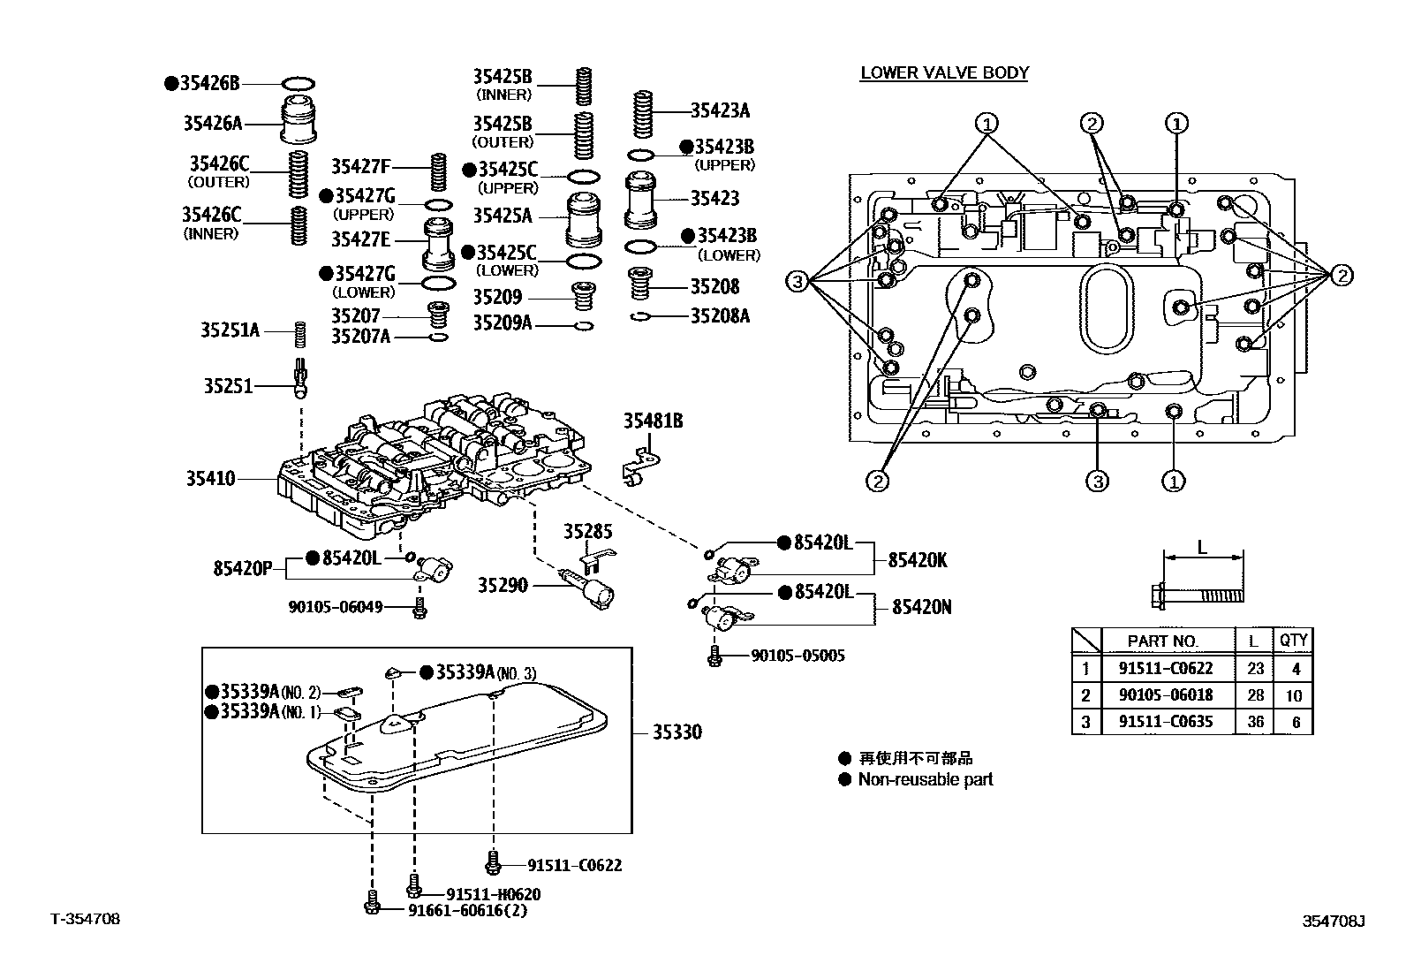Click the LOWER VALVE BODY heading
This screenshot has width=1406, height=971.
[x=944, y=72]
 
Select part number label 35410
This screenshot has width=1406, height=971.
[x=210, y=479]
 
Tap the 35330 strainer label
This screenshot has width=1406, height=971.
[x=677, y=732]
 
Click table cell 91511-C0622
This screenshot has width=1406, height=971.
[x=1165, y=669]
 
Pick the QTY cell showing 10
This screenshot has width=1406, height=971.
[x=1294, y=695]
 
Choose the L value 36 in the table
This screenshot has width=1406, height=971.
[x=1255, y=721]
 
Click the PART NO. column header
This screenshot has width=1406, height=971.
[x=1163, y=641]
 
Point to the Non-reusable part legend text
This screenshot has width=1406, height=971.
[x=925, y=779]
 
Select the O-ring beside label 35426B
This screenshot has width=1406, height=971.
[x=299, y=84]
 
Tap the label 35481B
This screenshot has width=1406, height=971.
[x=653, y=421]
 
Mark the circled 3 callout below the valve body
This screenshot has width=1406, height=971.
[x=1096, y=481]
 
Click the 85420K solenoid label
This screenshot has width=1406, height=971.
[x=918, y=560]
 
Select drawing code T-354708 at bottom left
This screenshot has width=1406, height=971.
[x=85, y=919]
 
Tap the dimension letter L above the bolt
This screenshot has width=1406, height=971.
[x=1202, y=548]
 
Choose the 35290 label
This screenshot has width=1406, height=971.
[x=503, y=585]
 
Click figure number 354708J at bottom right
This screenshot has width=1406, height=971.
[x=1334, y=922]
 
